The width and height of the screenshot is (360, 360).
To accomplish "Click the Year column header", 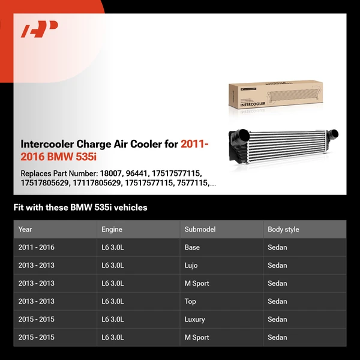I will (x=25, y=229).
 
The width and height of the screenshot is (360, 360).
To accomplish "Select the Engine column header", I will (x=112, y=229).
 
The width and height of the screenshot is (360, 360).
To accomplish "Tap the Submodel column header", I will (x=200, y=229).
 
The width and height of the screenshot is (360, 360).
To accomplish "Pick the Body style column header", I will (x=283, y=229).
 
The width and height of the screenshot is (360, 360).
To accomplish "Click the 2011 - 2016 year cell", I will (x=36, y=247).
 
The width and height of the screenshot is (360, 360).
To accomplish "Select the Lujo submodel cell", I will (x=191, y=265).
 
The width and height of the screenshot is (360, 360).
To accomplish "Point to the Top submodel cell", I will (x=190, y=301).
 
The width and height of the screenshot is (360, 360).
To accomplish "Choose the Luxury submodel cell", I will (x=194, y=319).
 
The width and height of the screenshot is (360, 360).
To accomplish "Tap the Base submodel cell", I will (x=192, y=247).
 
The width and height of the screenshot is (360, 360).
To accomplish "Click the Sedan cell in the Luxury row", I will (x=277, y=319).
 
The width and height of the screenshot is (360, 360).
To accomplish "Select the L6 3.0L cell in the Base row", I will (x=113, y=247).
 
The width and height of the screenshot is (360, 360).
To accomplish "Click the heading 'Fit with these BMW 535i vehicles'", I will (x=80, y=208).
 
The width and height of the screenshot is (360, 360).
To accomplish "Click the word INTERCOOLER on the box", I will (x=253, y=103).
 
